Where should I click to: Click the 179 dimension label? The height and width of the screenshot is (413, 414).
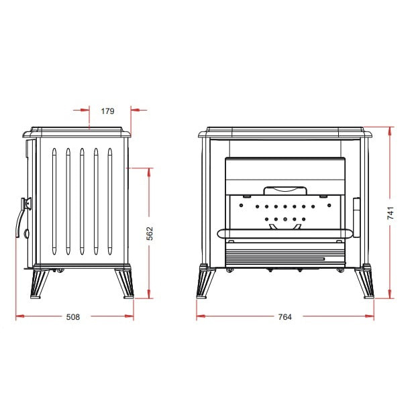click(108, 111)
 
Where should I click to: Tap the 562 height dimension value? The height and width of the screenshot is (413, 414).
click(150, 233)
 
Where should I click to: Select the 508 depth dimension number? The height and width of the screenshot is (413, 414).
click(73, 316)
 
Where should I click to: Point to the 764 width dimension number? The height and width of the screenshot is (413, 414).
click(285, 316)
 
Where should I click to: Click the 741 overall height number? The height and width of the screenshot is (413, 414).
click(391, 213)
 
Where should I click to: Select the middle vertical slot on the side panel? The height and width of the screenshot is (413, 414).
click(82, 201)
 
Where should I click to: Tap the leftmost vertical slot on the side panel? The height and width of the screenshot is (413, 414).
click(54, 201)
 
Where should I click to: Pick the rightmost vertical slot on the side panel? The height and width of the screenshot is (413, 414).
click(110, 201)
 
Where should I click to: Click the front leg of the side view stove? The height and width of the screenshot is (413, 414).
click(40, 284)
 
